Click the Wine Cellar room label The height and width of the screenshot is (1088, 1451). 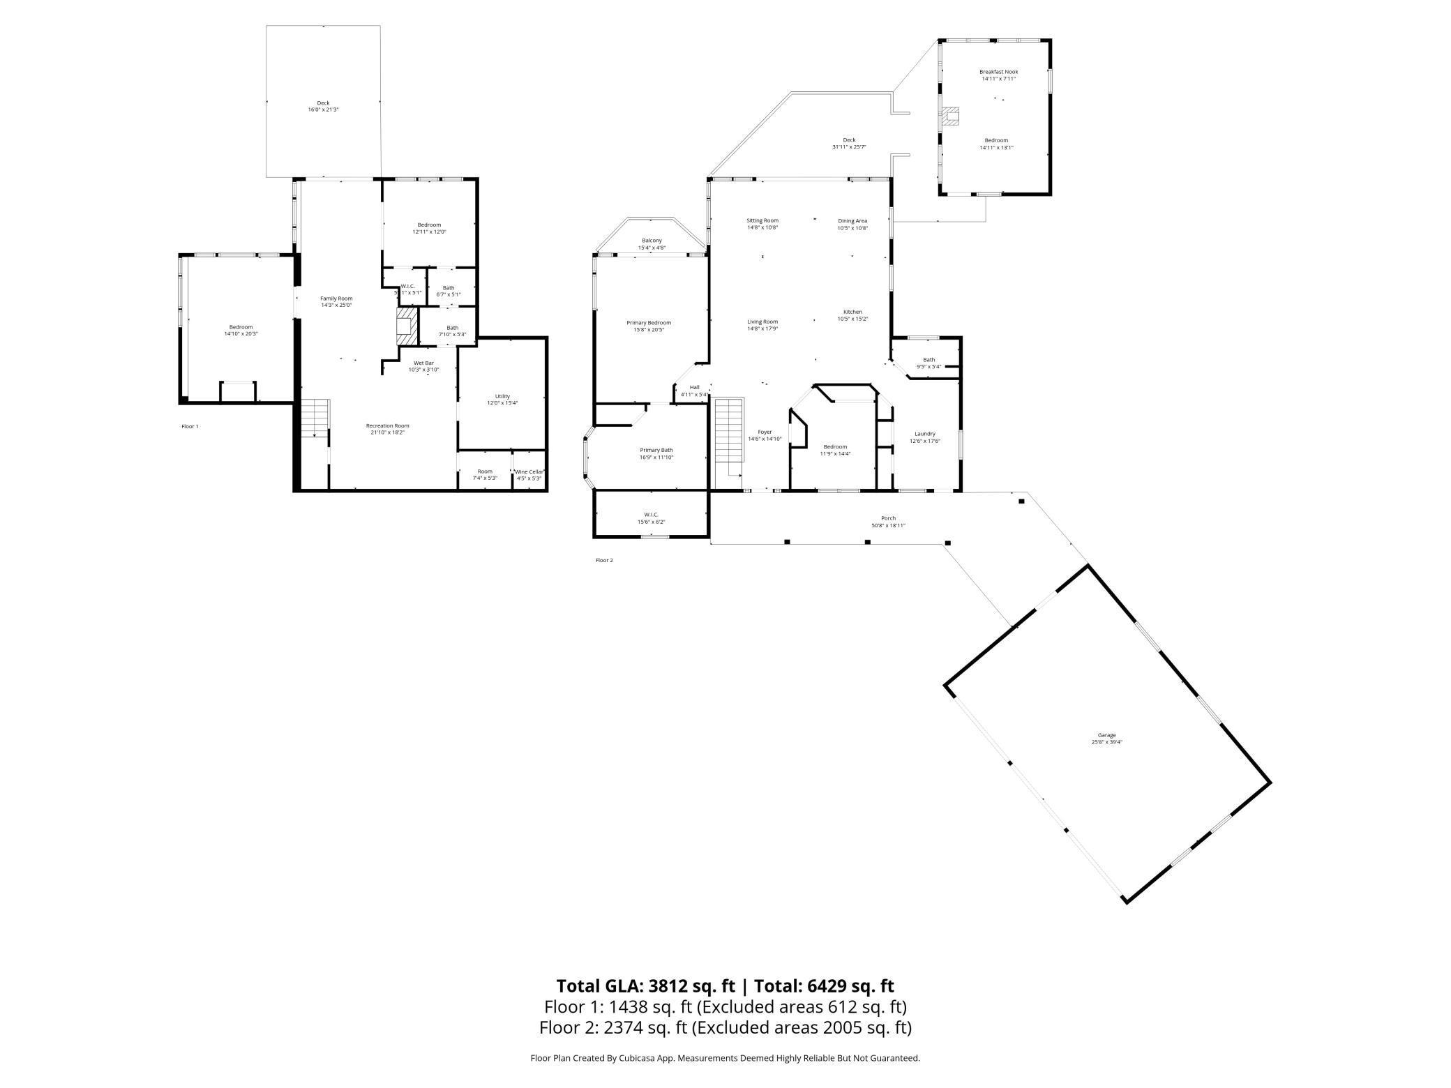coord(529,472)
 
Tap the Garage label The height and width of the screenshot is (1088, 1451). coord(1106,735)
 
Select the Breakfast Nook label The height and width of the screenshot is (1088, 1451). coord(998,72)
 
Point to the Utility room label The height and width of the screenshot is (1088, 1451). coord(502,396)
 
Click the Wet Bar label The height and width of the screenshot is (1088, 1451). coord(423,363)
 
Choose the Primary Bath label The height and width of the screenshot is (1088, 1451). coord(656,451)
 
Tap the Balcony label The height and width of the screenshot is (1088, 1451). coord(652,241)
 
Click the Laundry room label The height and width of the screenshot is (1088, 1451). coord(924,434)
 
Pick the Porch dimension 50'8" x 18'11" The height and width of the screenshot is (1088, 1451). coord(888,526)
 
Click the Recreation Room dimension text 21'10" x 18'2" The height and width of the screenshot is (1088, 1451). coord(387,432)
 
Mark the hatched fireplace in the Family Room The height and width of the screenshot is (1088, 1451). coord(406,326)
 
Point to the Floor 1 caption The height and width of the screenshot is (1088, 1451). coord(190,426)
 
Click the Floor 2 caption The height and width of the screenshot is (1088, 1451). coord(604,560)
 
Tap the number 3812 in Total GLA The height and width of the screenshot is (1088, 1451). coord(670,986)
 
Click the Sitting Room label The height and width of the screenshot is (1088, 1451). coord(762,220)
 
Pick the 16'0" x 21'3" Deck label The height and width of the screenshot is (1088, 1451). coord(323,109)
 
